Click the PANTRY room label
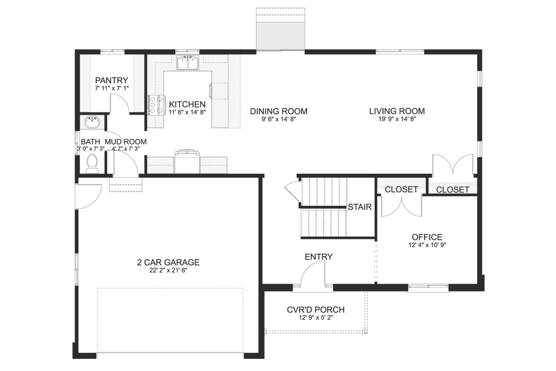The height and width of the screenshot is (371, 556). [112, 80]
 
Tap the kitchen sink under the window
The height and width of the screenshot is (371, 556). [188, 63]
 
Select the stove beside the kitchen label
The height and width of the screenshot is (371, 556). [156, 105]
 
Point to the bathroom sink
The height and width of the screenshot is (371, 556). [92, 123]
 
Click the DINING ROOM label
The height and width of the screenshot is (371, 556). [278, 111]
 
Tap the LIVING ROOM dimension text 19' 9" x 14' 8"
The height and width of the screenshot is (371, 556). [397, 119]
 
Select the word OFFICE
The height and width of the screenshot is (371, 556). [427, 237]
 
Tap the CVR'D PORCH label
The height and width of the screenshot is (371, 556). [316, 310]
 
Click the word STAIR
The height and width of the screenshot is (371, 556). [360, 207]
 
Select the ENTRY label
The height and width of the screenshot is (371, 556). [318, 257]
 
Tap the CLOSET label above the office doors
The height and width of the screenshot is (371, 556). [401, 189]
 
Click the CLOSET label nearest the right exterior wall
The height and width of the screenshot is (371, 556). [453, 190]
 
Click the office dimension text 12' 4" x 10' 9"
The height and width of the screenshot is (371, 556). [427, 245]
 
